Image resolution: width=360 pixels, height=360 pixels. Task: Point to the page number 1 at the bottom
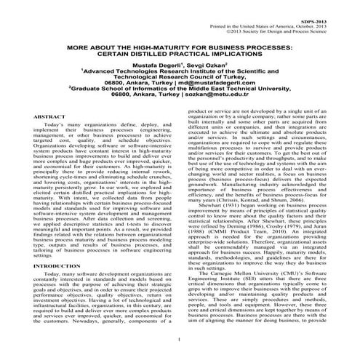(x=178, y=340)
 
